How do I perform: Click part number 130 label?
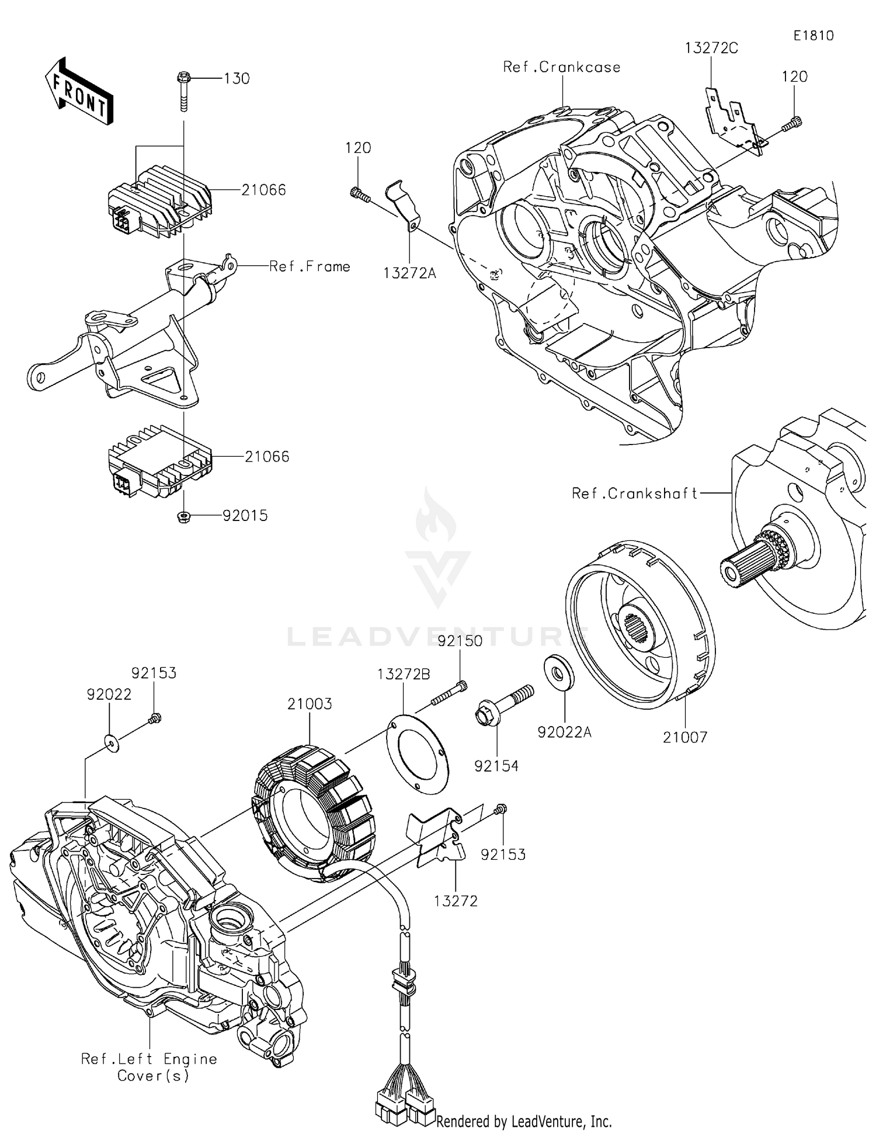click(237, 78)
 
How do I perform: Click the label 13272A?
click(409, 273)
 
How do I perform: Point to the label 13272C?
click(711, 48)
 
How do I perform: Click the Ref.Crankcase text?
click(562, 67)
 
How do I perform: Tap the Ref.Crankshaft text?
click(634, 494)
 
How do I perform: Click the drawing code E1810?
click(813, 36)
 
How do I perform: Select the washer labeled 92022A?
click(559, 673)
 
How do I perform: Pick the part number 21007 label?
click(685, 737)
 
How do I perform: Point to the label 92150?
click(460, 641)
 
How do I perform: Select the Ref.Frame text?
click(310, 266)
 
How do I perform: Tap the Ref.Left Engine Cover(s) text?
click(150, 1067)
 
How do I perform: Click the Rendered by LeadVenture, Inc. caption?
click(524, 1121)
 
